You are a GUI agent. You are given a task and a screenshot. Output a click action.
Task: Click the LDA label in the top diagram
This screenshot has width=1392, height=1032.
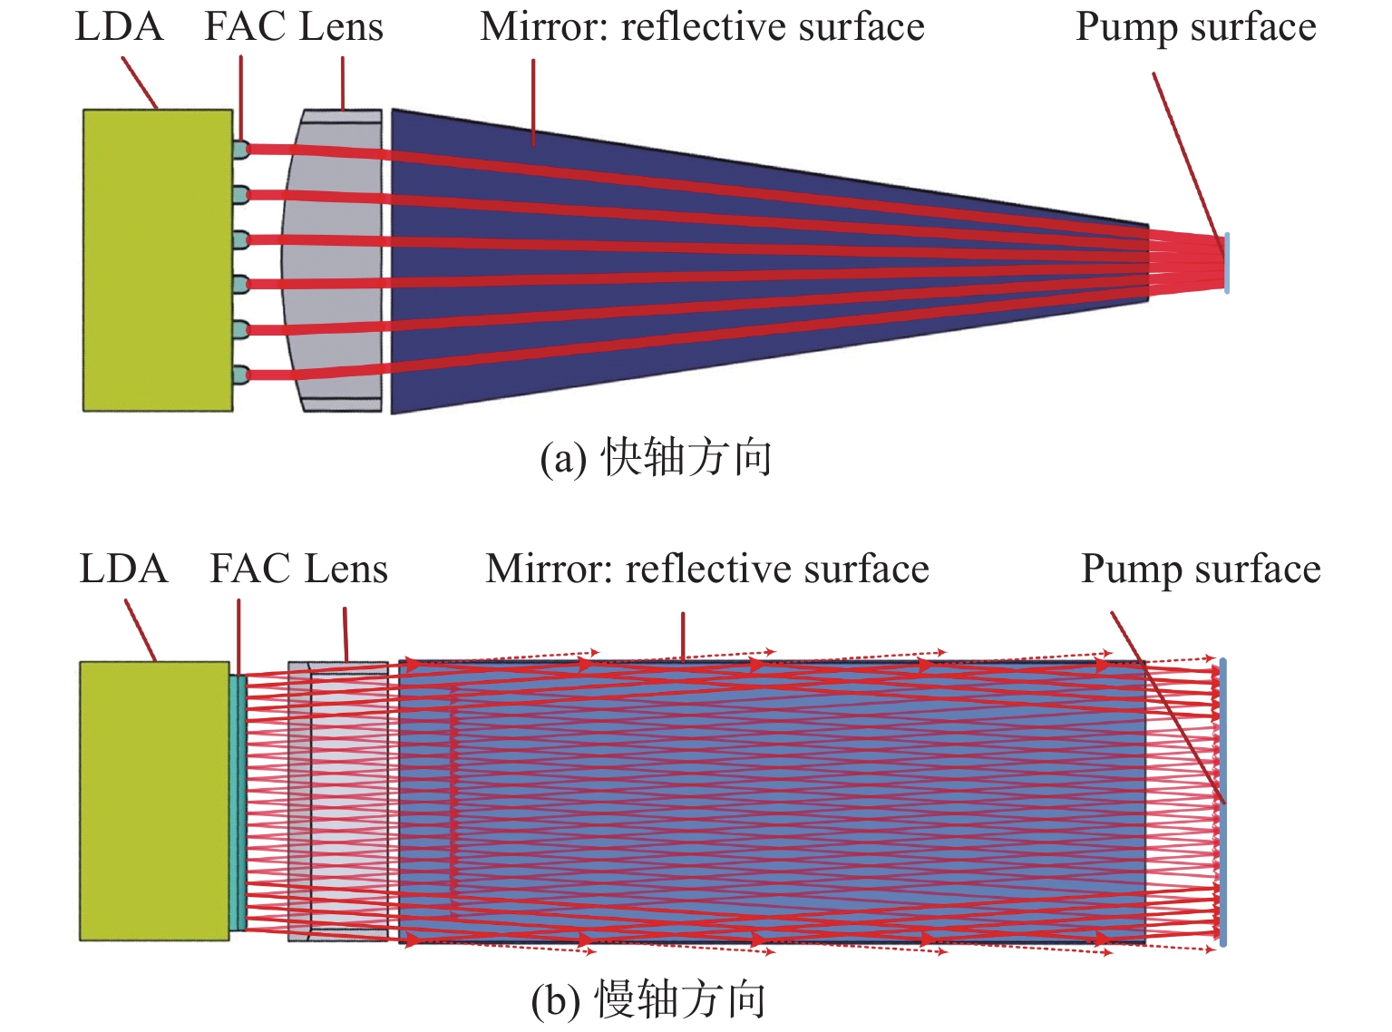pyautogui.click(x=119, y=26)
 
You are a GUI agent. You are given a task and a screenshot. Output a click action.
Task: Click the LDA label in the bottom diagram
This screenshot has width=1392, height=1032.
pyautogui.click(x=123, y=569)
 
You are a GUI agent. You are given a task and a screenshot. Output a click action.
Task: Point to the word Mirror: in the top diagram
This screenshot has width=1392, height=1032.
pyautogui.click(x=544, y=26)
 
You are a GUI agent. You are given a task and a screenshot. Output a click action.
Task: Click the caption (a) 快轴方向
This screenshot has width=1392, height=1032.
pyautogui.click(x=656, y=458)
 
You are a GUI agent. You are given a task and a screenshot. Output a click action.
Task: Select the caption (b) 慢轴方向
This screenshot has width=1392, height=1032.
pyautogui.click(x=648, y=999)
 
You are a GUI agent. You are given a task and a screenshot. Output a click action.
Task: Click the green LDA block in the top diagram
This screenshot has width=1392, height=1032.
pyautogui.click(x=158, y=260)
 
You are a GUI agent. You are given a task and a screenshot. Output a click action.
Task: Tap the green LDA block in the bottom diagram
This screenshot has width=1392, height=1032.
pyautogui.click(x=154, y=801)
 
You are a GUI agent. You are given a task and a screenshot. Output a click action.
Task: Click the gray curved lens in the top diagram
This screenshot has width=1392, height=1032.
pyautogui.click(x=332, y=260)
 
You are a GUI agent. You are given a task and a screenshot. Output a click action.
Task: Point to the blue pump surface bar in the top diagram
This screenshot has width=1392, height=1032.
pyautogui.click(x=1227, y=263)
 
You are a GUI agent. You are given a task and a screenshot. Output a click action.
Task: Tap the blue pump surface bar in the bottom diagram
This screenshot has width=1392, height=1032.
pyautogui.click(x=1222, y=802)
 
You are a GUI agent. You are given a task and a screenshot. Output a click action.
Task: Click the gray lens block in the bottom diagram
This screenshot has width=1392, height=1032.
pyautogui.click(x=337, y=801)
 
